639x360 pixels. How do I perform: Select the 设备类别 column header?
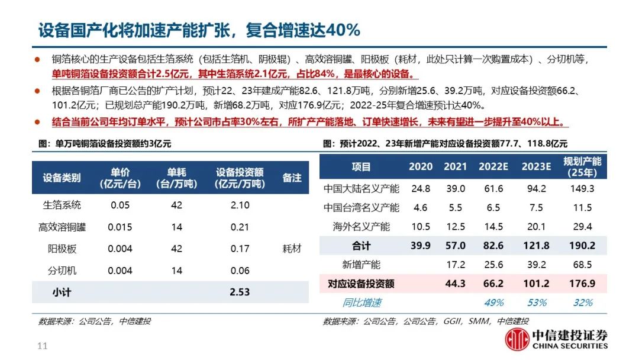(x=62, y=178)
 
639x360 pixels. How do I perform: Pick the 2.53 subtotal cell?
(x=240, y=292)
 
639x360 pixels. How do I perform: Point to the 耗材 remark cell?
(x=292, y=249)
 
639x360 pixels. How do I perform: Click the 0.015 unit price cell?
(x=121, y=227)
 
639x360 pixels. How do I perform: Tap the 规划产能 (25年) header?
(x=582, y=167)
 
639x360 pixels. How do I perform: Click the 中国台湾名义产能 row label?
(x=361, y=208)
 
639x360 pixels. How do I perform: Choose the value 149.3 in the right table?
(x=582, y=189)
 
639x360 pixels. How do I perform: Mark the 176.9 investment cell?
(x=582, y=284)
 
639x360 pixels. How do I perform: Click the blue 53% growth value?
(x=537, y=303)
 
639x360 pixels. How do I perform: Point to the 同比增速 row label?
(x=362, y=303)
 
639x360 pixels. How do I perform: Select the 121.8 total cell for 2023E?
(x=537, y=246)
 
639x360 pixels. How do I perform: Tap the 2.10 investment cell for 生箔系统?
(x=240, y=205)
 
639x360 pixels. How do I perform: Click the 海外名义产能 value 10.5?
(x=421, y=227)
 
